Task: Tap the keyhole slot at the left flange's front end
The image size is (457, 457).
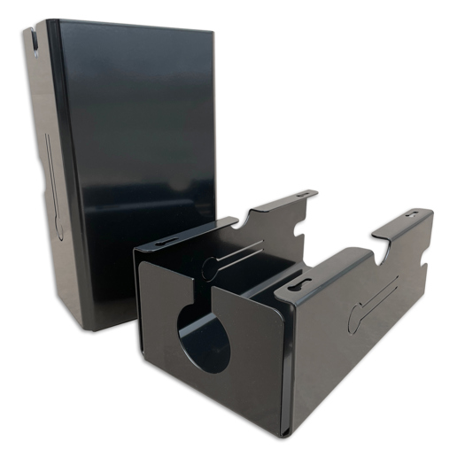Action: [166, 244]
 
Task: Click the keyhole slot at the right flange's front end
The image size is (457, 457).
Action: [299, 286]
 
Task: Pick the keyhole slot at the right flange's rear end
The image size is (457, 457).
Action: [414, 214]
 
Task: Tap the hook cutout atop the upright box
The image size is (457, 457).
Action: [33, 40]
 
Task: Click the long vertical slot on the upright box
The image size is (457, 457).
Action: [52, 186]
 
